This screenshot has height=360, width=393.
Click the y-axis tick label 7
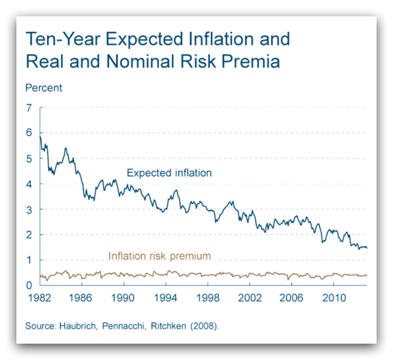(x=28, y=107)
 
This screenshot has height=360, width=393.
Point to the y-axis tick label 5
(x=28, y=158)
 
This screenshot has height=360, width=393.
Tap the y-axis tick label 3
(x=28, y=209)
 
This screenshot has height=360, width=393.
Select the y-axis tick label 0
(x=28, y=285)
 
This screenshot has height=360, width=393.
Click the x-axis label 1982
(x=38, y=298)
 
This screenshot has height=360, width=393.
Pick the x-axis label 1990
(x=122, y=298)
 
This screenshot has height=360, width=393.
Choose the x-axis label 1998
(x=207, y=298)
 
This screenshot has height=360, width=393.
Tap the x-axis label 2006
(x=291, y=298)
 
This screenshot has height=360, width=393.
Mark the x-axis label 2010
(x=333, y=298)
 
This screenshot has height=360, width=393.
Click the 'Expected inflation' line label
(x=169, y=173)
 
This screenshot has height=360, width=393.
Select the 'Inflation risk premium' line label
(x=159, y=256)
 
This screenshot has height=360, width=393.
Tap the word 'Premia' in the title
(x=248, y=62)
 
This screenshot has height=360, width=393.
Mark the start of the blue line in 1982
(x=40, y=135)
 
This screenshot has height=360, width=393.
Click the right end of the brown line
(x=367, y=276)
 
